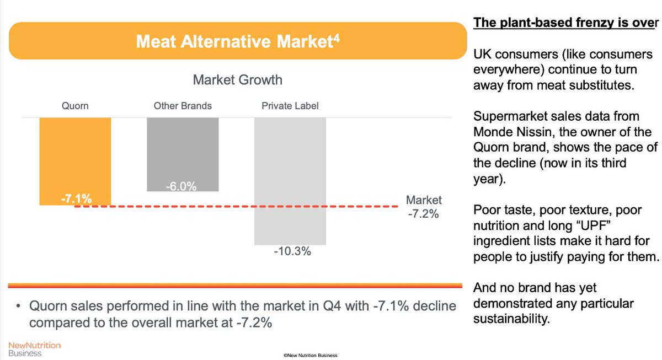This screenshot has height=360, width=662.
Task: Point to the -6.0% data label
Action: [x=181, y=186]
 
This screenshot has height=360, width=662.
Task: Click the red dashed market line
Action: [x=243, y=207]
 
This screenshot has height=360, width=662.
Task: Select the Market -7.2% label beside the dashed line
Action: [x=424, y=207]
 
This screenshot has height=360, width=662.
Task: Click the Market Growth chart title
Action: [x=237, y=80]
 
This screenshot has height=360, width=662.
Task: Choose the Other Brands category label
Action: [x=183, y=106]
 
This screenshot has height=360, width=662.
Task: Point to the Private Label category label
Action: [x=290, y=106]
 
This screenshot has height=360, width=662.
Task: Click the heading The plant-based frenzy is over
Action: [x=565, y=24]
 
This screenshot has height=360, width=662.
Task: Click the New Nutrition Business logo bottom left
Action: [x=34, y=348]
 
